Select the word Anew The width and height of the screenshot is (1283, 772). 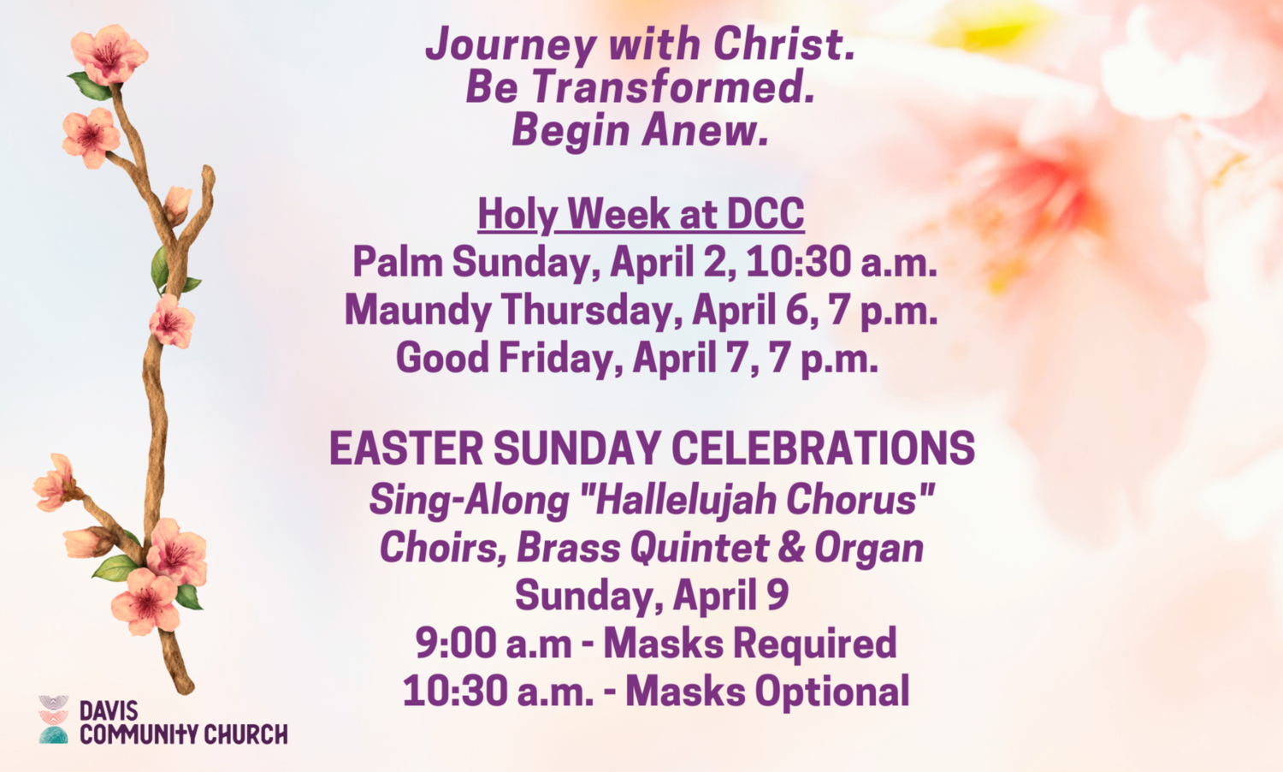tap(704, 131)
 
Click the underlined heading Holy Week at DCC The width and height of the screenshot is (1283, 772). tap(641, 214)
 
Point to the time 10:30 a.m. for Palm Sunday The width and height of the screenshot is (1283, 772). tap(842, 262)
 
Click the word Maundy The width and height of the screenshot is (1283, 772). tap(417, 310)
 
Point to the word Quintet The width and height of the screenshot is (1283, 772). tap(700, 549)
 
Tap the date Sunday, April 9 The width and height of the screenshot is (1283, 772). tap(652, 596)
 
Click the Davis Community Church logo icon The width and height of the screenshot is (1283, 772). tap(53, 719)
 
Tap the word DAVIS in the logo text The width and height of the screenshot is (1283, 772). tap(109, 711)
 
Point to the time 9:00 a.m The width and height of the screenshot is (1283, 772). tap(494, 644)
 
